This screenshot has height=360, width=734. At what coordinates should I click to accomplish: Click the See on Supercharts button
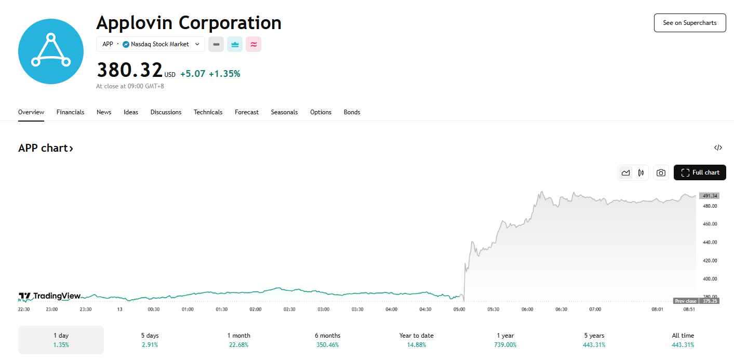pos(689,23)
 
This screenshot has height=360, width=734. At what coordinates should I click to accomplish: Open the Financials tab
pos(70,112)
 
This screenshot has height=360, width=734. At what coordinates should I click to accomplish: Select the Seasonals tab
pos(284,112)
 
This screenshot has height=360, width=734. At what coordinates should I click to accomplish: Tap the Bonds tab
pos(352,112)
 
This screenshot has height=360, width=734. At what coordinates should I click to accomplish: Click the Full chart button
pos(700,172)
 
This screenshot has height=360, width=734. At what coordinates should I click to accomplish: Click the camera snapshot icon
pos(661,172)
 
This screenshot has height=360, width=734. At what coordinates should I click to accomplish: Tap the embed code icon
pos(718,148)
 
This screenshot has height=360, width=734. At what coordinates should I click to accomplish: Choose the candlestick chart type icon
pos(641,172)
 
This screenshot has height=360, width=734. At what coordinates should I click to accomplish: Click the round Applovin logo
pos(51,51)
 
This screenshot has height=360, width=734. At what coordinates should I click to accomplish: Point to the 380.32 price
pos(129,70)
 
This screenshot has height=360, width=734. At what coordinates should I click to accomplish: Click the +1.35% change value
pos(224,74)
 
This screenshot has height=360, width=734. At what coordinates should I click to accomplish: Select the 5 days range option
pos(150,340)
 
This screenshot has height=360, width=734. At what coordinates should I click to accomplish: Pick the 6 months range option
pos(327,340)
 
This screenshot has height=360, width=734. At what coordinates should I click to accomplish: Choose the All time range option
pos(683,340)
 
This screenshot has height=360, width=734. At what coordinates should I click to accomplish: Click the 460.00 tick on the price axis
pos(709,224)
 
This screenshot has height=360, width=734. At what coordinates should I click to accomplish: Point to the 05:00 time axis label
pos(459,309)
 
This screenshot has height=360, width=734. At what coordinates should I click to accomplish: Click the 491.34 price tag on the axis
pos(709,196)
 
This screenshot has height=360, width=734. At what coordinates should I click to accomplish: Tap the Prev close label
pos(686,301)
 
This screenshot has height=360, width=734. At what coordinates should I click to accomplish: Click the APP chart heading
pos(46,148)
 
